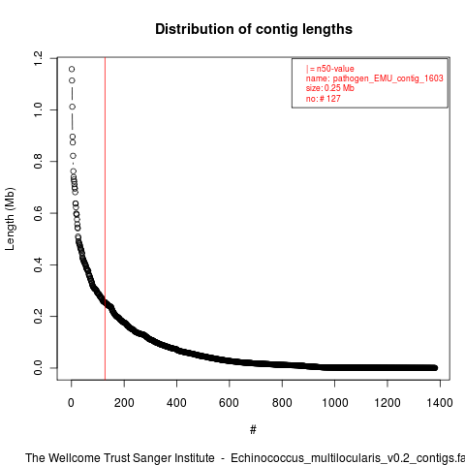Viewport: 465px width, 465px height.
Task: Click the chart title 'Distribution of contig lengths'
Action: click(254, 29)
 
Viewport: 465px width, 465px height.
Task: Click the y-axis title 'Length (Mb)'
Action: click(10, 219)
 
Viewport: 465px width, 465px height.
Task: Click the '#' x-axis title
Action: click(253, 429)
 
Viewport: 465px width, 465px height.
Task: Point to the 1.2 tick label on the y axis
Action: click(38, 58)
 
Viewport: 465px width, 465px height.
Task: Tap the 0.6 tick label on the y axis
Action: click(38, 213)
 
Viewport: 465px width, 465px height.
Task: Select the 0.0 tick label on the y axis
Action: click(38, 368)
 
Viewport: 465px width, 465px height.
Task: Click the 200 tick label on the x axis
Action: click(124, 403)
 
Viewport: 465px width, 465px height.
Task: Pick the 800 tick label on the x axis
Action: click(282, 403)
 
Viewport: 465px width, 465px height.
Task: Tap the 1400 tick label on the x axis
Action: click(440, 403)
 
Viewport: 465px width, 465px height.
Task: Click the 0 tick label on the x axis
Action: click(71, 403)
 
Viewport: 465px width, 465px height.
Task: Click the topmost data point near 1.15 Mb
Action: click(72, 69)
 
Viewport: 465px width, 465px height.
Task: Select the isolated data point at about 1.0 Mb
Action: click(73, 107)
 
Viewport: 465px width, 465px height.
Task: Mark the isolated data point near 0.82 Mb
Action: click(74, 156)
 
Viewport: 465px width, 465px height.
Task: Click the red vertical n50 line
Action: click(105, 219)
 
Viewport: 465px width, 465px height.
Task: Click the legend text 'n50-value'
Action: click(335, 69)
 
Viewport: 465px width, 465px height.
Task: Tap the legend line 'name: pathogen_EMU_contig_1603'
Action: click(375, 78)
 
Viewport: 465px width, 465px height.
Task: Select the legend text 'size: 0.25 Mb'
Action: click(330, 88)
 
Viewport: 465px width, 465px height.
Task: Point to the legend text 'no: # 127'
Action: click(323, 98)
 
